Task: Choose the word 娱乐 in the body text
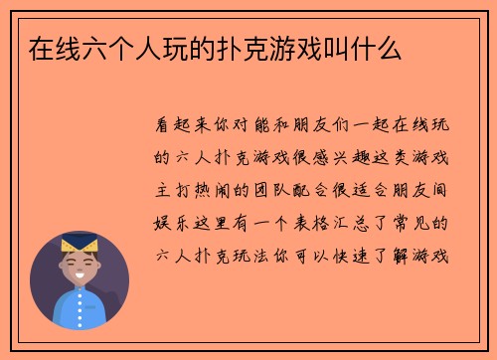click(x=170, y=223)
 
